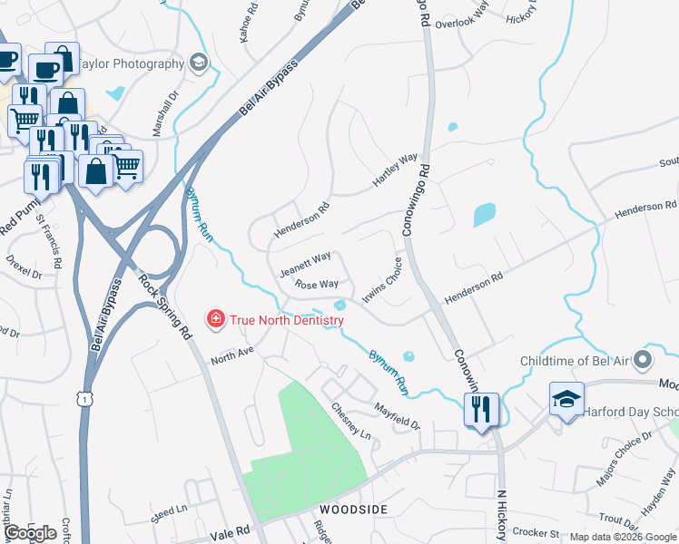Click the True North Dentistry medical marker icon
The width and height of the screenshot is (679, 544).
pyautogui.click(x=215, y=318)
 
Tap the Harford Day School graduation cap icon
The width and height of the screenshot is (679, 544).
pyautogui.click(x=566, y=399)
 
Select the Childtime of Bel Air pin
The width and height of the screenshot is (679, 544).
pyautogui.click(x=644, y=361)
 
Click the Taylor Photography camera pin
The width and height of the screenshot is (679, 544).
pyautogui.click(x=199, y=63)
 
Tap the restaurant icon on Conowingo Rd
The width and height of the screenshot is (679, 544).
pyautogui.click(x=481, y=410)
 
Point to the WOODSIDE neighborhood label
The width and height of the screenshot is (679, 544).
pyautogui.click(x=352, y=510)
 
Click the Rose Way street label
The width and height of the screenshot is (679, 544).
pyautogui.click(x=317, y=285)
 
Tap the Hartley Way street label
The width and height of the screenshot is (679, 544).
pyautogui.click(x=395, y=170)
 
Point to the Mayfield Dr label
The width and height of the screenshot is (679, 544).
pyautogui.click(x=399, y=416)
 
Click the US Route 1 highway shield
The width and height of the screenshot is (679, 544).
pyautogui.click(x=84, y=399)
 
